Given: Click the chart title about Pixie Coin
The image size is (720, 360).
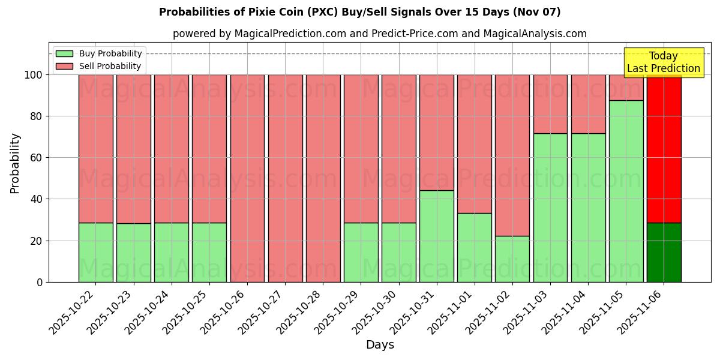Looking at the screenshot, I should (x=359, y=12).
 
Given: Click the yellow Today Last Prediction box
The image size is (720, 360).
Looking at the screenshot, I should (x=664, y=62).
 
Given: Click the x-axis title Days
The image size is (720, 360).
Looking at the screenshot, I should (x=380, y=345).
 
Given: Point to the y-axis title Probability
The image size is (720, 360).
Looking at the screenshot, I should (x=15, y=163).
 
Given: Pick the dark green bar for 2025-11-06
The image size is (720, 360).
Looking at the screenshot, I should (x=664, y=252).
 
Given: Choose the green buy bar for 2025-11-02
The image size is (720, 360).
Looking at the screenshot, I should (x=512, y=259).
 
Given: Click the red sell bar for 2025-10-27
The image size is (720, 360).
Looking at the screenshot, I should (x=285, y=178).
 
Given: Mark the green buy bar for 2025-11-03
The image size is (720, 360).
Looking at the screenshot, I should (x=550, y=208).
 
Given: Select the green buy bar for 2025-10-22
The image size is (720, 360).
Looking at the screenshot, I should (x=95, y=252).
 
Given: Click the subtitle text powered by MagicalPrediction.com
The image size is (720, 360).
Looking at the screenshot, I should (x=380, y=34).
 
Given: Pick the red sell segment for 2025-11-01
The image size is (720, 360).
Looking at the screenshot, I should (x=474, y=144).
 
